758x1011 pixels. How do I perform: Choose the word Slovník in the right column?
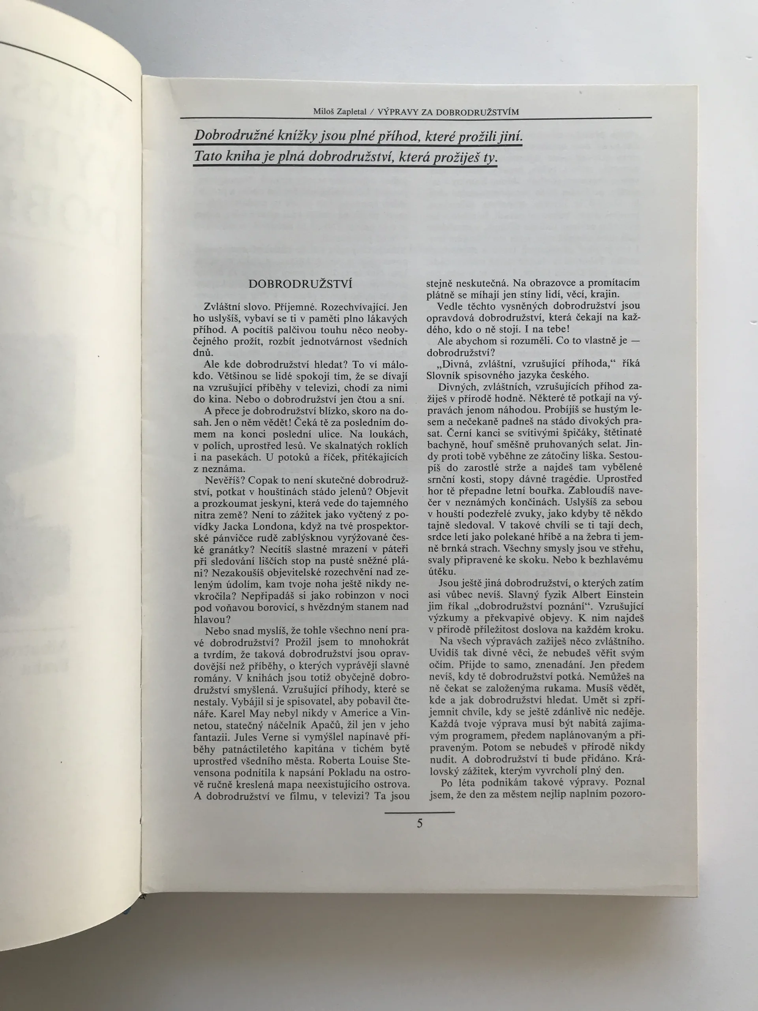(444, 375)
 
